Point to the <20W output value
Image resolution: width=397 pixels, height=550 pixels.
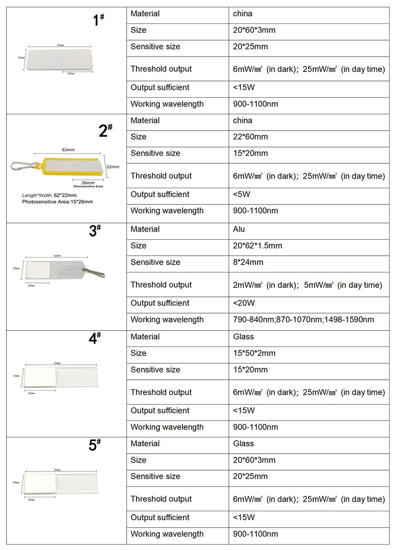click(244, 303)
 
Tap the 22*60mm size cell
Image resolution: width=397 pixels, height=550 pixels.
click(250, 137)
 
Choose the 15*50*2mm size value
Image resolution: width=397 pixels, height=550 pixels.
click(254, 353)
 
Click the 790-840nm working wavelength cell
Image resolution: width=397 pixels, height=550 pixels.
click(303, 320)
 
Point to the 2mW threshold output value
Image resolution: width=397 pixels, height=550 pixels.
click(308, 285)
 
